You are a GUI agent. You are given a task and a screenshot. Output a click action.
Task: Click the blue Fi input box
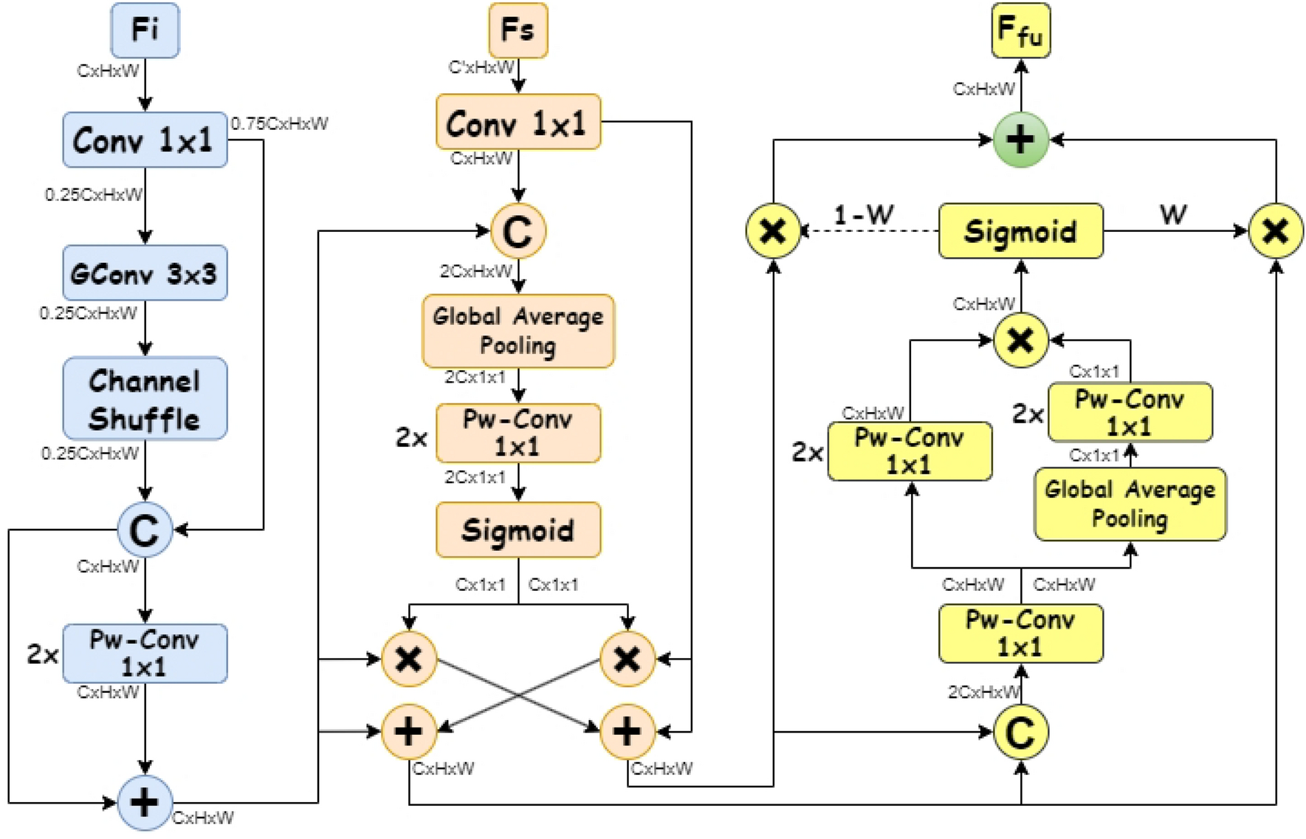pyautogui.click(x=145, y=30)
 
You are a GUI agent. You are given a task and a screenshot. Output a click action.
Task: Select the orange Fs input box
pyautogui.click(x=518, y=30)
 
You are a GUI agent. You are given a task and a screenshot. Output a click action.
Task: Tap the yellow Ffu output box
pyautogui.click(x=1020, y=30)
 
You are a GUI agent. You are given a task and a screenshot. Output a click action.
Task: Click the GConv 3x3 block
pyautogui.click(x=145, y=274)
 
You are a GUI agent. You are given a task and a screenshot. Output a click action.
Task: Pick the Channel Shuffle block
pyautogui.click(x=145, y=399)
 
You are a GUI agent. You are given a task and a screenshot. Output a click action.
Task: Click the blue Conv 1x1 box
pyautogui.click(x=145, y=140)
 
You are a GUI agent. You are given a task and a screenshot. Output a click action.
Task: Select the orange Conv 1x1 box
pyautogui.click(x=518, y=123)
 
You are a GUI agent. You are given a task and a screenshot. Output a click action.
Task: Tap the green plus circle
pyautogui.click(x=1020, y=140)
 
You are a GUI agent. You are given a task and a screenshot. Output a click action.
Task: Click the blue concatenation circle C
pyautogui.click(x=145, y=530)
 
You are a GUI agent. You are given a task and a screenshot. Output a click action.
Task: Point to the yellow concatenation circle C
pyautogui.click(x=1020, y=732)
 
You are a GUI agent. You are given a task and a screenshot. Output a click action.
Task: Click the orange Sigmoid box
pyautogui.click(x=518, y=530)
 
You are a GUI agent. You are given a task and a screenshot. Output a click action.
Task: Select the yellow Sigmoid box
pyautogui.click(x=1020, y=231)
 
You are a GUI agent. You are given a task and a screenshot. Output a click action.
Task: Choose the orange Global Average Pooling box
pyautogui.click(x=518, y=331)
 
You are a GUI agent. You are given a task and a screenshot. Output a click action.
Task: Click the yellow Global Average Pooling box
pyautogui.click(x=1130, y=504)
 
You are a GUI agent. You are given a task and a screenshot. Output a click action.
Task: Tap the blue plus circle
pyautogui.click(x=145, y=803)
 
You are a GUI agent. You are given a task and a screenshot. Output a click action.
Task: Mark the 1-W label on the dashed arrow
pyautogui.click(x=863, y=215)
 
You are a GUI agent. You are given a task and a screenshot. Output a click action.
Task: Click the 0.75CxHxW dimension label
pyautogui.click(x=279, y=123)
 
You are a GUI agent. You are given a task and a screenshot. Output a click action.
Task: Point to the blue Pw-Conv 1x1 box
pyautogui.click(x=145, y=654)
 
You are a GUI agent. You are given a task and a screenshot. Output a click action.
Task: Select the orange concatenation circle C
pyautogui.click(x=518, y=231)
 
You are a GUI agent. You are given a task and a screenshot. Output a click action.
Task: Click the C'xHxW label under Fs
pyautogui.click(x=481, y=68)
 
